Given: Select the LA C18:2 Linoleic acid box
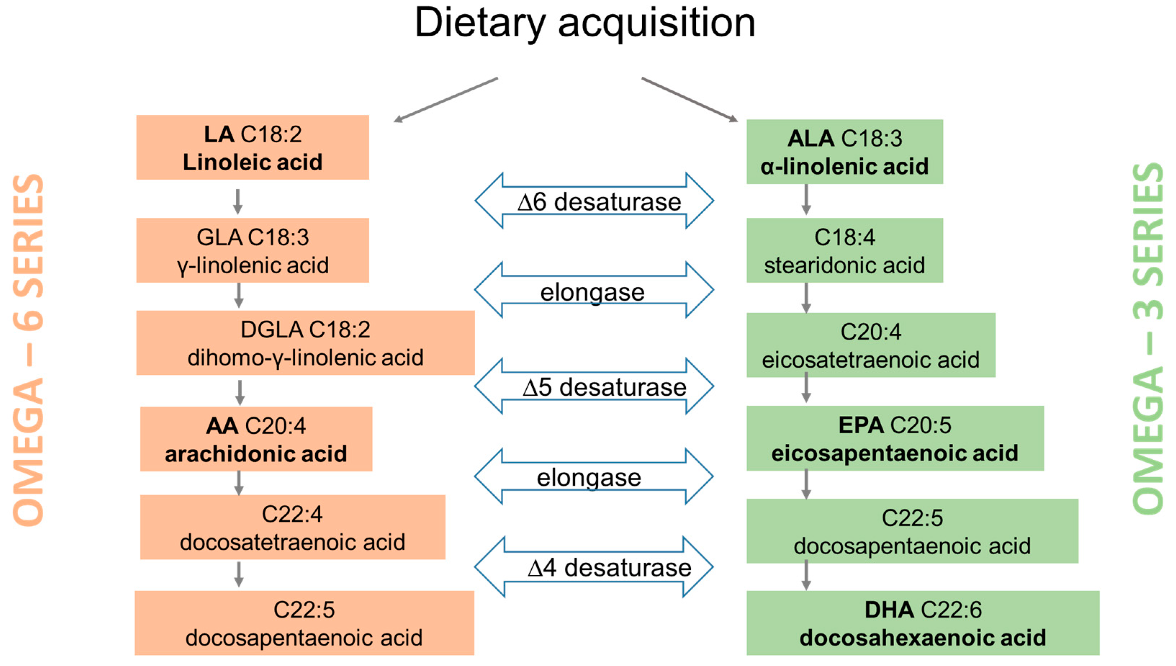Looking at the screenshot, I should point(252,147).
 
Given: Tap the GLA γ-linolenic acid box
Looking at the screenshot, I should point(252,250).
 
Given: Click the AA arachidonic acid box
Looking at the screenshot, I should point(256,439).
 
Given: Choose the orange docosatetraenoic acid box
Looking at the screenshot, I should point(293,527).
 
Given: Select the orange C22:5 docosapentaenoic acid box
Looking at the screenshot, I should point(304,623).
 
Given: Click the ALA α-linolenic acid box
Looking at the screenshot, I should point(844,152).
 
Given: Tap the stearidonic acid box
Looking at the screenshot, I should point(844,250).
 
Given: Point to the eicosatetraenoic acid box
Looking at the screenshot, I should point(870,345).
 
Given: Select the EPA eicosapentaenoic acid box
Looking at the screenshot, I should point(895,438).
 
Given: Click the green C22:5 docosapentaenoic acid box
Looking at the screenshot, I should point(912,531).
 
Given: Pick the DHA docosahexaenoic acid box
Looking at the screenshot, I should point(923,623).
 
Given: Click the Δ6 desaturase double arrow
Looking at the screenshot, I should point(594,201).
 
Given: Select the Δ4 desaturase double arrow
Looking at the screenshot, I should point(594,567).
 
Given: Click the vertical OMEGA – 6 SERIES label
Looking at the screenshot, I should point(28,350).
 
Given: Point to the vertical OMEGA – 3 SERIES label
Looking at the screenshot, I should point(1148,338).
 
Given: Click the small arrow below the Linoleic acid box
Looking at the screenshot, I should point(238,201).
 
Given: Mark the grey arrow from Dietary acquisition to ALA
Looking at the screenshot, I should point(689,99).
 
